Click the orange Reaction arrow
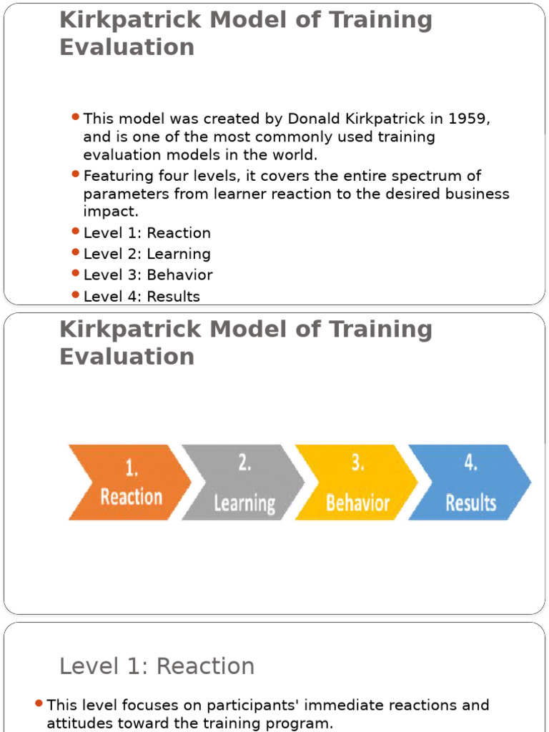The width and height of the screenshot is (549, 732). (x=129, y=482)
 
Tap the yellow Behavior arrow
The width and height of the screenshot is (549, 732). (x=356, y=482)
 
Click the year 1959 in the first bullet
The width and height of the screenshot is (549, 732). (x=468, y=119)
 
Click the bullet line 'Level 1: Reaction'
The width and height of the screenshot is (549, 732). (x=147, y=233)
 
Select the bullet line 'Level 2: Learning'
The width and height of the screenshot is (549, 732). (x=147, y=254)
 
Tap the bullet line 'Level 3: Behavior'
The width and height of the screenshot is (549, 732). (x=148, y=275)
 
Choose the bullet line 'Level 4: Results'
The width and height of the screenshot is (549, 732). (x=142, y=296)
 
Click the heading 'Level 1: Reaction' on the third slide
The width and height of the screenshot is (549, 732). (x=157, y=666)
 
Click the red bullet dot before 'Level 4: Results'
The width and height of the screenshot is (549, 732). (x=76, y=295)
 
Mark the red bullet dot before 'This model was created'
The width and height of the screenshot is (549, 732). (x=76, y=117)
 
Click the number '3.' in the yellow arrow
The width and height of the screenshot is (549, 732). (x=357, y=463)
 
